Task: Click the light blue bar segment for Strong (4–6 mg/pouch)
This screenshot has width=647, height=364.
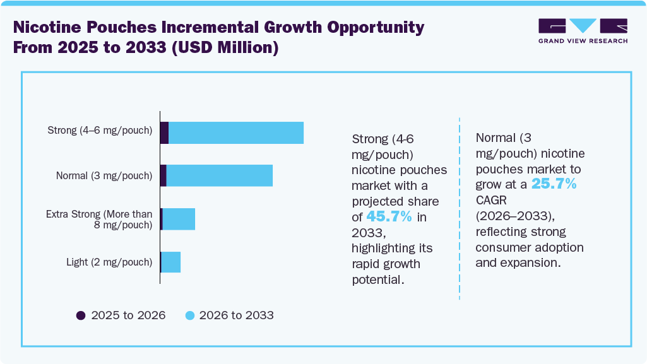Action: click(236, 132)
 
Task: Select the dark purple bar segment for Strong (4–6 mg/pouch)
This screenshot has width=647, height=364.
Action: click(164, 132)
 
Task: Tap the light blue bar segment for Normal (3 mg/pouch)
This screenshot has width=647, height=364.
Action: click(219, 175)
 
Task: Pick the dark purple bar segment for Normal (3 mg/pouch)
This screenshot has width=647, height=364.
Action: click(163, 175)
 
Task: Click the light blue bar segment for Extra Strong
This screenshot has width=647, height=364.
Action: click(179, 219)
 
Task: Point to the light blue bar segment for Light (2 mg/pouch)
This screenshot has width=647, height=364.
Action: click(171, 262)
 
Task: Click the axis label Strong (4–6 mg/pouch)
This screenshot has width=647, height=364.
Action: click(100, 131)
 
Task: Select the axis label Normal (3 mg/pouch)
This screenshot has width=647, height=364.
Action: click(104, 175)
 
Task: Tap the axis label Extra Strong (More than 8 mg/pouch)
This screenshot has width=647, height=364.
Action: click(99, 219)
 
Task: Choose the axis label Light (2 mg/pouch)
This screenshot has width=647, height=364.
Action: click(109, 262)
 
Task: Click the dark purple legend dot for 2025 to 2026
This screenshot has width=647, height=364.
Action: click(80, 315)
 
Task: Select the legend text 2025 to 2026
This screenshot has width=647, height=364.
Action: click(128, 315)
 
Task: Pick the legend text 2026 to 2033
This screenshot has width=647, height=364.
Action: click(236, 315)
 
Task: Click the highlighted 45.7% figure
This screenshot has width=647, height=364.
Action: click(389, 217)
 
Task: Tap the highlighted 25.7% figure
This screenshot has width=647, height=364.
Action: click(554, 184)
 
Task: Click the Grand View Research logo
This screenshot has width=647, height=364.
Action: click(583, 31)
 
